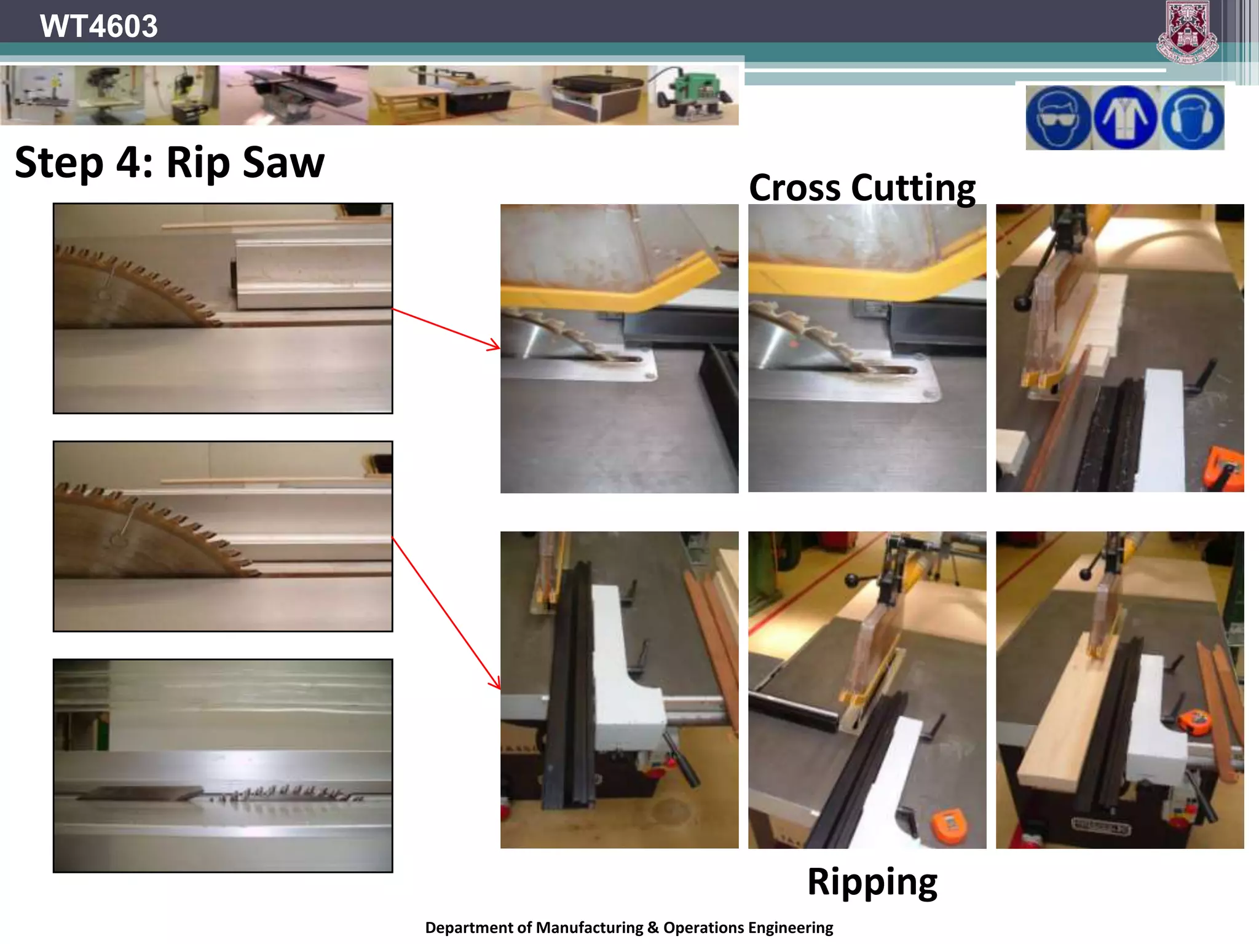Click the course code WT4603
pos(98,26)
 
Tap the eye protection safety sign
pos(1058,117)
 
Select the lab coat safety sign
pos(1126,117)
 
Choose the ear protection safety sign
pos(1192,117)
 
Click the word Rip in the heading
pos(197,163)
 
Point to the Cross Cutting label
pos(862,187)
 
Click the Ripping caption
pos(872,882)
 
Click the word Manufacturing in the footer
pos(589,927)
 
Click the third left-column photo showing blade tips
pos(223,765)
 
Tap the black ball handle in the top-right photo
pos(1022,302)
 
